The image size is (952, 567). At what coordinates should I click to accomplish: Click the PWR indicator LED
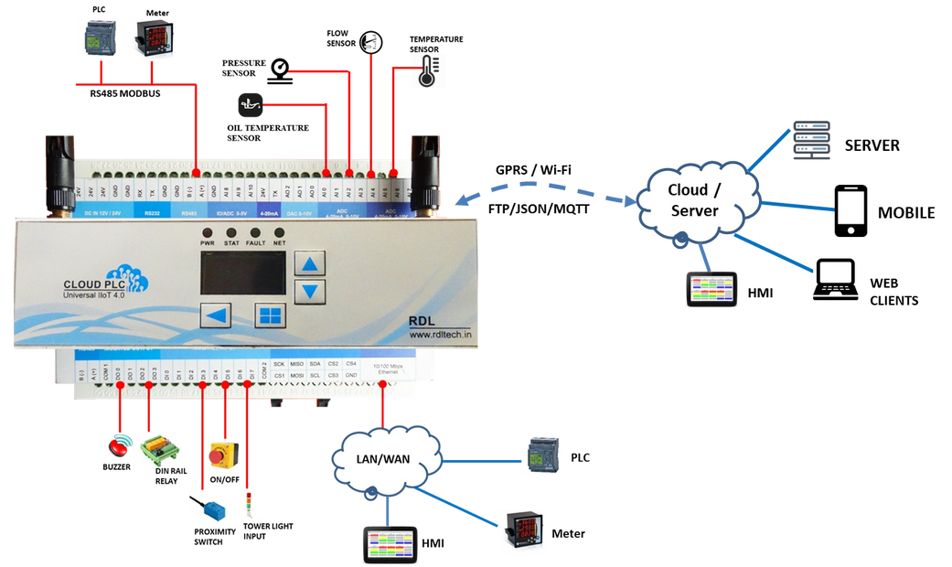click(208, 233)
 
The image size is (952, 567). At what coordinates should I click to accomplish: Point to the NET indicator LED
click(281, 233)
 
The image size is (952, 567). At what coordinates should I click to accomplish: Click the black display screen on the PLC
click(242, 273)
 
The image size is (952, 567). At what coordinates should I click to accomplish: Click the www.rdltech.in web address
click(440, 335)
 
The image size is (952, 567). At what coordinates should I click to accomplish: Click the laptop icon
click(836, 280)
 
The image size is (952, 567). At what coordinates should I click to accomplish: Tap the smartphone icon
click(850, 210)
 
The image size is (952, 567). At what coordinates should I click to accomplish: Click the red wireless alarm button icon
click(121, 446)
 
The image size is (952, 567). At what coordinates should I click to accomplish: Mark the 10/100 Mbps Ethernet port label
click(389, 369)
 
